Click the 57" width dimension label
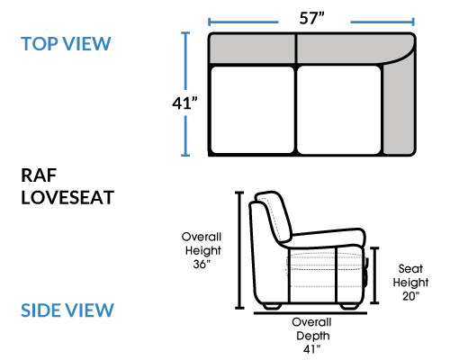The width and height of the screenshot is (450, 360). (x=311, y=18)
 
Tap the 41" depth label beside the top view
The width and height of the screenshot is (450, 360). (x=184, y=103)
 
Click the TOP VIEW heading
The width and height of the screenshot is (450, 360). (x=66, y=44)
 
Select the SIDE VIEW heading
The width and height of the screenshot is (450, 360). (x=67, y=310)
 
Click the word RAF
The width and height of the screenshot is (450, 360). (x=39, y=175)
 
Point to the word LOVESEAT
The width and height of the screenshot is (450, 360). (x=67, y=197)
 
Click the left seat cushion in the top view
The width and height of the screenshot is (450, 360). (x=252, y=110)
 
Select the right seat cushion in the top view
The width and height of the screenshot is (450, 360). (x=338, y=110)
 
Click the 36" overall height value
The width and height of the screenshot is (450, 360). (x=202, y=264)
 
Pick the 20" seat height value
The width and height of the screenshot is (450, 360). (x=410, y=296)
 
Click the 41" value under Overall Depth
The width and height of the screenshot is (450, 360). (x=311, y=349)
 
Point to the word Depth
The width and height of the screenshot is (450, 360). (x=313, y=336)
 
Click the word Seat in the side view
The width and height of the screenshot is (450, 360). (x=410, y=269)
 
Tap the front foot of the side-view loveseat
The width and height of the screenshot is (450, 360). (x=350, y=306)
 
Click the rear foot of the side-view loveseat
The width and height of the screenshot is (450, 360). (x=272, y=306)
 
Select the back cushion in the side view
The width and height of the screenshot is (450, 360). (x=274, y=216)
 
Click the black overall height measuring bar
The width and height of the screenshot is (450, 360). (x=239, y=250)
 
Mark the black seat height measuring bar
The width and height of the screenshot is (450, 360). (x=374, y=275)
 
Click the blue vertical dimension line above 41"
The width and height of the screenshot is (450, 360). (x=185, y=61)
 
